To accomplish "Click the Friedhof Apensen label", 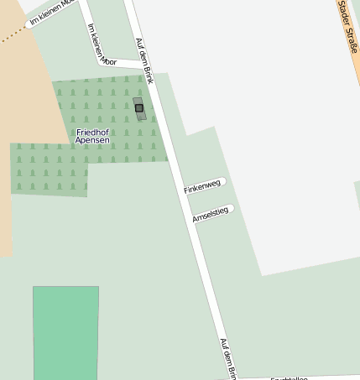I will coord(92,137).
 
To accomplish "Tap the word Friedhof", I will coord(92,133).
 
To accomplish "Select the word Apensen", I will coord(92,141).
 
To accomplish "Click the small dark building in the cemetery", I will coord(139,108).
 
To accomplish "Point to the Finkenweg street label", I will coord(202,186).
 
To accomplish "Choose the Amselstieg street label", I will coord(211,215).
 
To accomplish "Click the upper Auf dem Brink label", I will coord(145,60).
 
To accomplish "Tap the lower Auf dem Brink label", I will coord(229,359).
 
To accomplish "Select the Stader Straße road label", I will coord(348,25).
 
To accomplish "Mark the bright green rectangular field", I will coord(65,332).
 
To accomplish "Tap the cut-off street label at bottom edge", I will coord(290,377).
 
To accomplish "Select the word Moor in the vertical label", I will coord(107,60).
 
